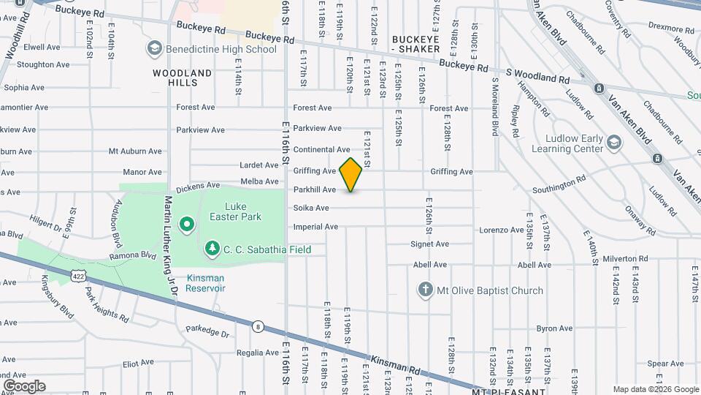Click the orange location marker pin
click(x=351, y=175)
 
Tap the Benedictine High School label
click(x=221, y=49)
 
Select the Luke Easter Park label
click(x=242, y=212)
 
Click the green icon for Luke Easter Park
click(x=186, y=224)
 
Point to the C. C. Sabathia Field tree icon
click(x=212, y=249)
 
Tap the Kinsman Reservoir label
click(x=206, y=283)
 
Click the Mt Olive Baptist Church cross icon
click(x=426, y=290)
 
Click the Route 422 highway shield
click(x=78, y=275)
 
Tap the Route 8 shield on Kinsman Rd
click(x=258, y=326)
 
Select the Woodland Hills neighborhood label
click(x=183, y=78)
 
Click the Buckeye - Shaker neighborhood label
click(x=415, y=44)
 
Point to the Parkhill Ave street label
click(x=315, y=189)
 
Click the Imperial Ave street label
click(x=315, y=227)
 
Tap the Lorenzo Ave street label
click(x=502, y=230)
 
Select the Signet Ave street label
click(x=429, y=244)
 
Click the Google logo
click(x=23, y=386)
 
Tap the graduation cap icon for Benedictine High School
click(x=153, y=49)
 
